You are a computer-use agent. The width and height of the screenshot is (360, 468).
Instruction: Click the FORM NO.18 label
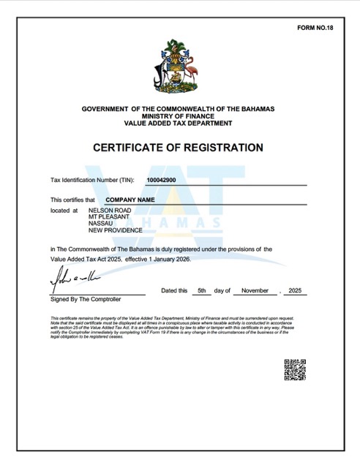(315, 27)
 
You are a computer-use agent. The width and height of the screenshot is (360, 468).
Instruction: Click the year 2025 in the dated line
(297, 290)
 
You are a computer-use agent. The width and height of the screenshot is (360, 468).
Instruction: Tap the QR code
(294, 370)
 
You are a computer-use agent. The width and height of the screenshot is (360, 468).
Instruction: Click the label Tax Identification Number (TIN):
(92, 180)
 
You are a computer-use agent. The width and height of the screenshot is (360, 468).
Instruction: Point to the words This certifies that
(73, 199)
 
